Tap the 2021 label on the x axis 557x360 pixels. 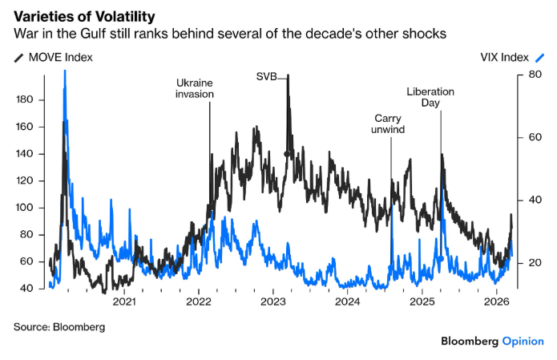click(124, 301)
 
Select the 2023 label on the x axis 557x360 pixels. click(273, 301)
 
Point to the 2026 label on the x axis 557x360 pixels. click(498, 301)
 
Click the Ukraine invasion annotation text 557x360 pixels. click(195, 87)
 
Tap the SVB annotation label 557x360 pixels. click(267, 77)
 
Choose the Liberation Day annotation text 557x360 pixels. click(430, 98)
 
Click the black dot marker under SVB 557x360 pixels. click(286, 153)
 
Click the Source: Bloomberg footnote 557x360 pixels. click(59, 327)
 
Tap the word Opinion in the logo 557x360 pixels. click(523, 342)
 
